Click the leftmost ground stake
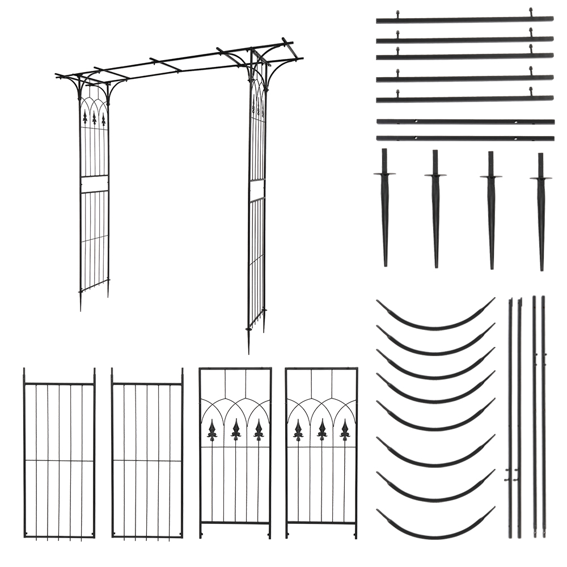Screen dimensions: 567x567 coord(385,210)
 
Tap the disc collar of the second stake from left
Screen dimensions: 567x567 coord(435,175)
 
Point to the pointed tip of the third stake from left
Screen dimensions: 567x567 coord(492,266)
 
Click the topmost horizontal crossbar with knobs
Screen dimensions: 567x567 coord(464,20)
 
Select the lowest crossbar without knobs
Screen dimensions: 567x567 coord(464,138)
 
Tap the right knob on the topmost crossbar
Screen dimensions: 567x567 coord(531,11)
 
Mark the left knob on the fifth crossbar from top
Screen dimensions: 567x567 coord(397,91)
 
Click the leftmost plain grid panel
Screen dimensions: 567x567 coord(59,454)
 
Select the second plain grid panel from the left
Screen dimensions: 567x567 coord(147,454)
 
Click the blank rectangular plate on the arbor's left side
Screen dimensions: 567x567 coord(94,184)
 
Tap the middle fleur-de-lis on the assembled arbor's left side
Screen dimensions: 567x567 coord(94,118)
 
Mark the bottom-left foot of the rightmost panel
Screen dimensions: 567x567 coord(287,534)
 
